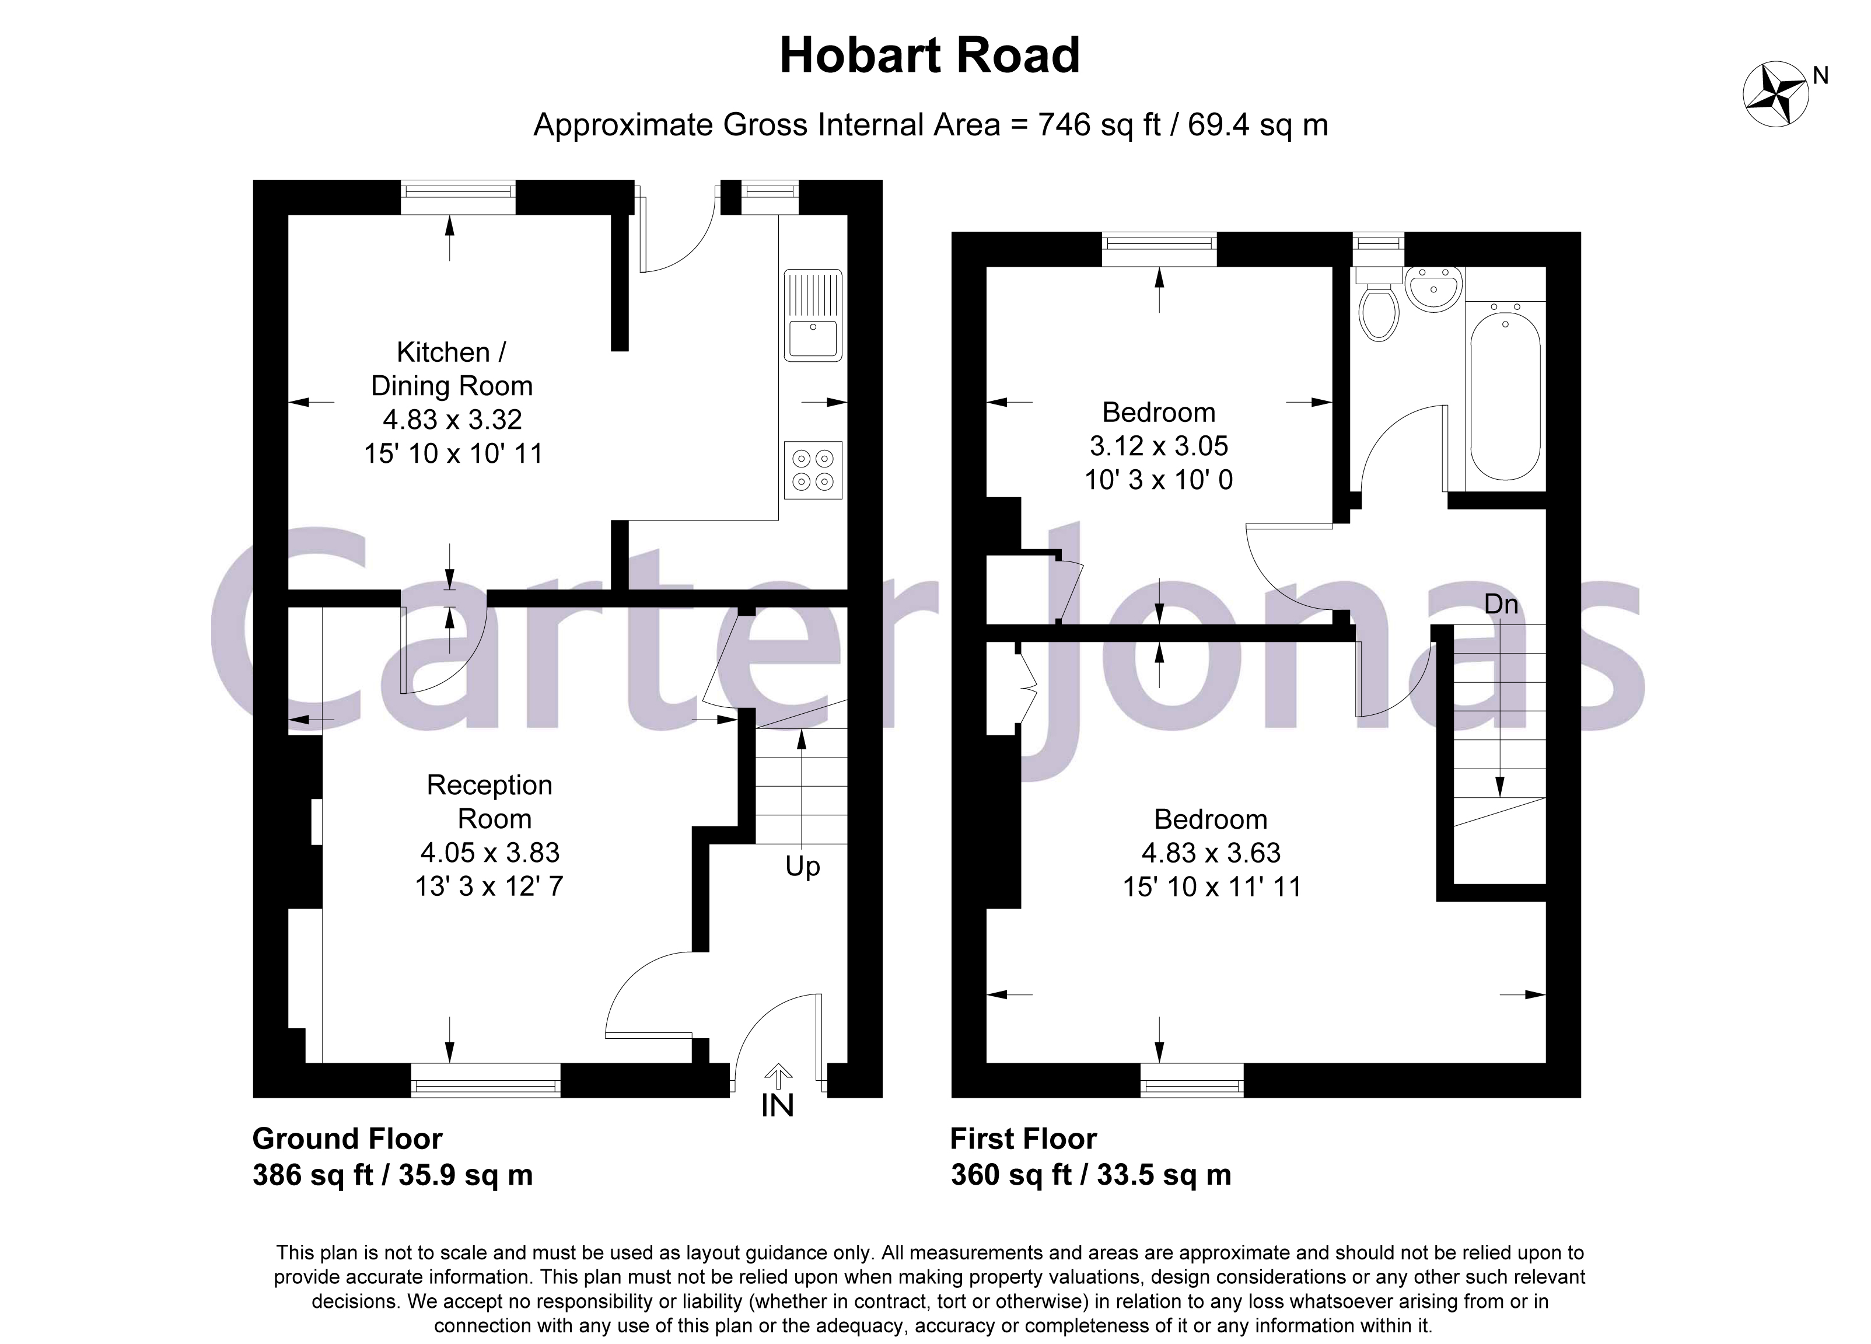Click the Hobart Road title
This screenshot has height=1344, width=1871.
click(930, 56)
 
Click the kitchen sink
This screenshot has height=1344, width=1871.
click(813, 315)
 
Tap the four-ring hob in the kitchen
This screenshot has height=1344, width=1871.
click(813, 470)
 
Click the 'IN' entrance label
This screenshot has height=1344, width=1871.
click(777, 1105)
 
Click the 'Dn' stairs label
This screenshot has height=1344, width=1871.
click(1501, 605)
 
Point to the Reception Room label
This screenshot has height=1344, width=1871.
click(490, 801)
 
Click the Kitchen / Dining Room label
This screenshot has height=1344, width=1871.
click(452, 369)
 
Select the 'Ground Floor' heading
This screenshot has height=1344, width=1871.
click(347, 1139)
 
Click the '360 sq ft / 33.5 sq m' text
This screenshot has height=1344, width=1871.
click(1090, 1175)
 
